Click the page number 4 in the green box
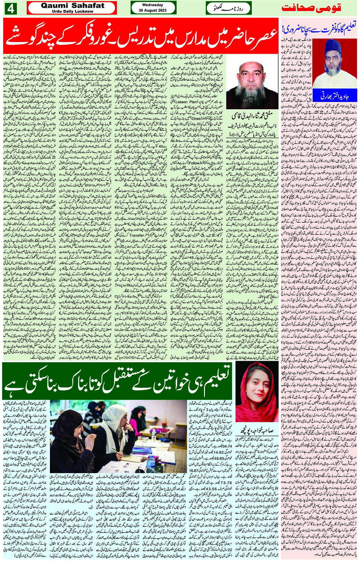10,8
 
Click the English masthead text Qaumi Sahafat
72,5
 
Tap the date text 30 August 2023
153,10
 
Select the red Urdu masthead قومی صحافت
311,8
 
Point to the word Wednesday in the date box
153,5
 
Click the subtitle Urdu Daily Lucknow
72,11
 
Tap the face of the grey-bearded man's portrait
252,76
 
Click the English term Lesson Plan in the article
188,102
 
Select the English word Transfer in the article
137,235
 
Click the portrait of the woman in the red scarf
257,392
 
